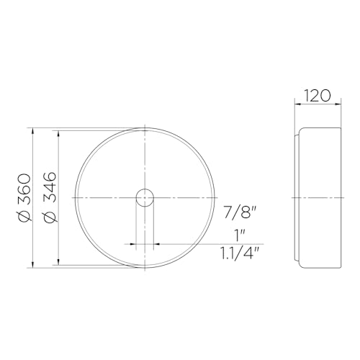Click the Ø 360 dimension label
pos(22,197)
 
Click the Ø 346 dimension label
pos(50,197)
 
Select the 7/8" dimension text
pos(240,212)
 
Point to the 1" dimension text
pos(240,234)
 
